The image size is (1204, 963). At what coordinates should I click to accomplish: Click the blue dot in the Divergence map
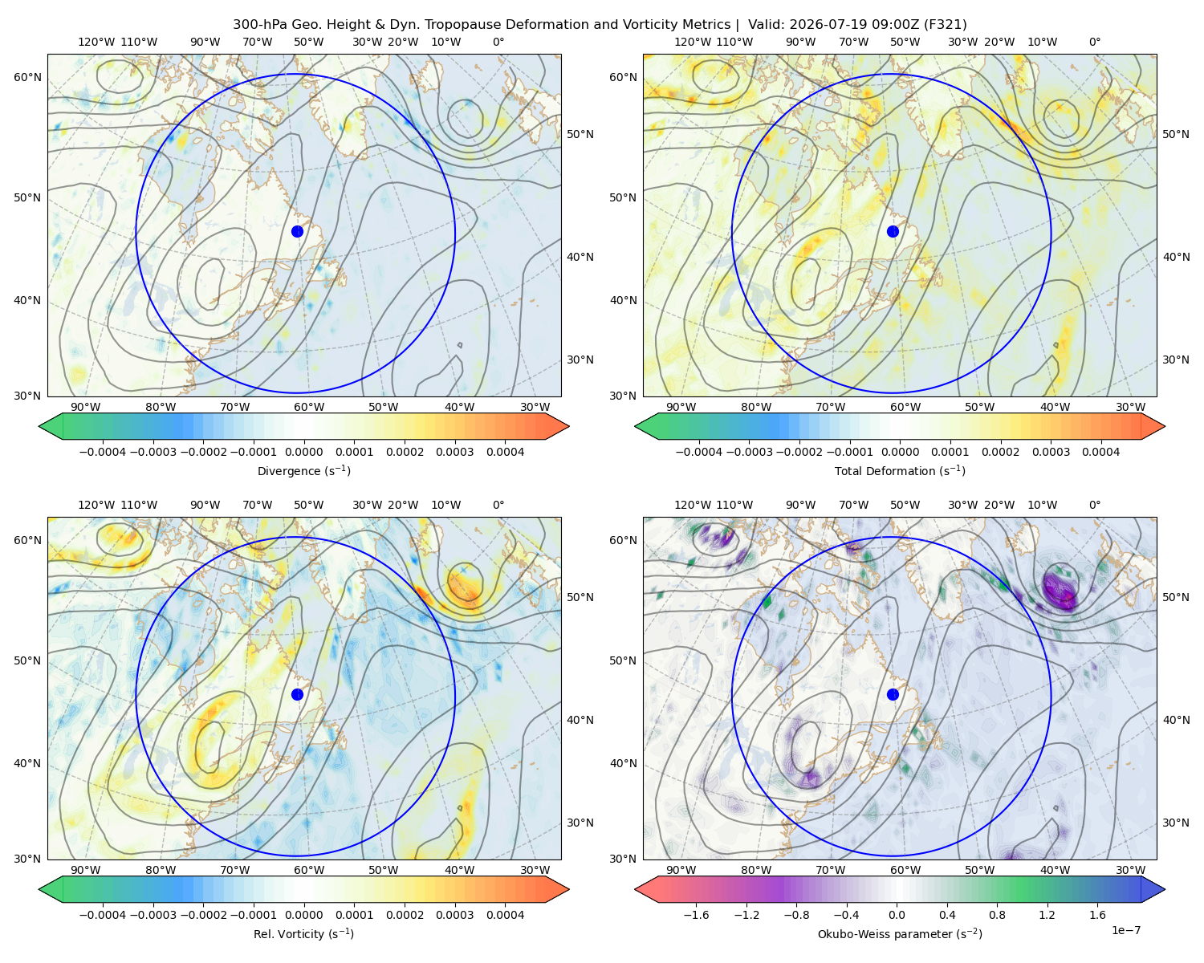(297, 231)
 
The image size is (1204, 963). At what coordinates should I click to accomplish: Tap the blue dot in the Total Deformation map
(893, 231)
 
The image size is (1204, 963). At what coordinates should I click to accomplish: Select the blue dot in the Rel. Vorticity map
(297, 694)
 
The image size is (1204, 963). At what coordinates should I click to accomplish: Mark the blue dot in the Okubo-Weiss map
(893, 694)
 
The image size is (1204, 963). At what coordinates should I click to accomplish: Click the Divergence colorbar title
(303, 470)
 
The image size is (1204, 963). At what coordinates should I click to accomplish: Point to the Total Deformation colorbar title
(900, 470)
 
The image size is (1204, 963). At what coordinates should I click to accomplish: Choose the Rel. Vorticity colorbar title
(303, 933)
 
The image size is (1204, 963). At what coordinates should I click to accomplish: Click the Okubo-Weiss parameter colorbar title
(900, 933)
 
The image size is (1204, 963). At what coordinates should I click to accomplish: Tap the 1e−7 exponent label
(1125, 930)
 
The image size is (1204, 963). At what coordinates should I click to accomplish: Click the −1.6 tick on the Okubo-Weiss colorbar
(696, 914)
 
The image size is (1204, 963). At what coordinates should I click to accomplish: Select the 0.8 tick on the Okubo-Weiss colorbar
(997, 914)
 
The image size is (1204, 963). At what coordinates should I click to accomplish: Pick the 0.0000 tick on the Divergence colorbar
(303, 452)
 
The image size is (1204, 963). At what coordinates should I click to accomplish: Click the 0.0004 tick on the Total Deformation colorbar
(1100, 452)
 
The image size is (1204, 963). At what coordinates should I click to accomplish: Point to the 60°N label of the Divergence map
(27, 77)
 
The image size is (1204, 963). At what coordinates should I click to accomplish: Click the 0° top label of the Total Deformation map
(1094, 42)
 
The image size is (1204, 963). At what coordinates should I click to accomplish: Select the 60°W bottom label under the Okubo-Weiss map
(905, 870)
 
